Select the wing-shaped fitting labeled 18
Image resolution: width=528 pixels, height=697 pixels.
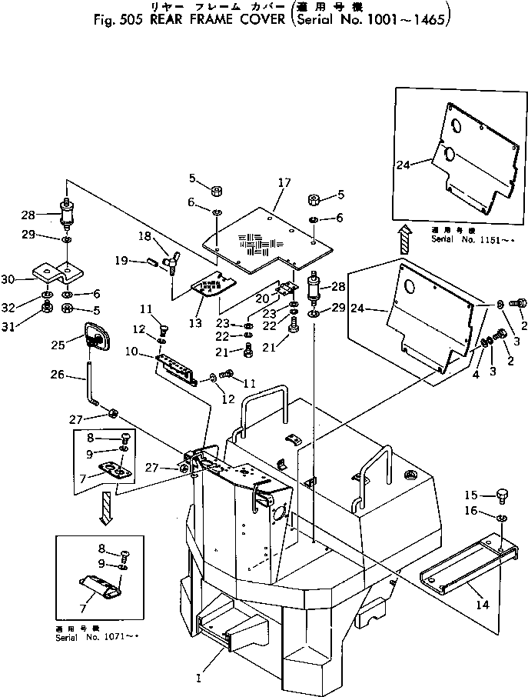coord(175,261)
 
